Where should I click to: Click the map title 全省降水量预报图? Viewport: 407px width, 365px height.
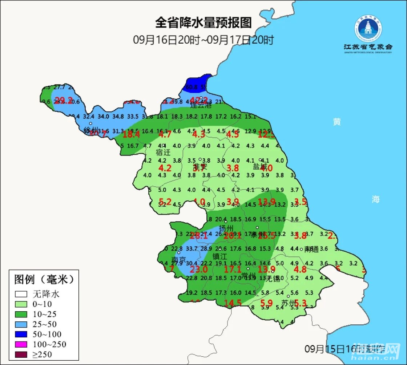[x=203, y=23]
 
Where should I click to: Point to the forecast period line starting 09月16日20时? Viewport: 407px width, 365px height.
[x=203, y=40]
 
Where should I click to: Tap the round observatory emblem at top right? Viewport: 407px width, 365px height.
[x=368, y=28]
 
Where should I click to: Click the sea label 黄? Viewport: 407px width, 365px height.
[x=337, y=122]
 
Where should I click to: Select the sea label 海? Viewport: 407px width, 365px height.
[x=375, y=199]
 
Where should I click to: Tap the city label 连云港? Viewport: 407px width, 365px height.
[x=201, y=105]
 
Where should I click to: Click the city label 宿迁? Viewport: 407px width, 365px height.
[x=163, y=152]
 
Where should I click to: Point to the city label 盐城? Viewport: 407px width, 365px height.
[x=260, y=167]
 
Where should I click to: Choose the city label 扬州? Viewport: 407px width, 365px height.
[x=226, y=228]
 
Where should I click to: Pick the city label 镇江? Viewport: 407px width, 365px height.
[x=219, y=256]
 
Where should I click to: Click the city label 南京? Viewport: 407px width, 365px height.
[x=179, y=260]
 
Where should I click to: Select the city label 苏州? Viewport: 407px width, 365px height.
[x=289, y=303]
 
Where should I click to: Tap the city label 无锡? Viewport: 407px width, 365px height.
[x=273, y=279]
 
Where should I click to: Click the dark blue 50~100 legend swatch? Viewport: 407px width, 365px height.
[x=21, y=334]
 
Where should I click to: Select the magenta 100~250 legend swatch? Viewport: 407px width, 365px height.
[x=21, y=344]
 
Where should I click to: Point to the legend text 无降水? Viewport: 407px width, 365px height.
[x=46, y=294]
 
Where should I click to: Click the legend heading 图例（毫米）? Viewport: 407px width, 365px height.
[x=44, y=279]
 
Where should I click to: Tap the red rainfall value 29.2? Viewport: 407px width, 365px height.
[x=64, y=101]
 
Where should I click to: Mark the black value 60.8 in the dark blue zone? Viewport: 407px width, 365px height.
[x=192, y=87]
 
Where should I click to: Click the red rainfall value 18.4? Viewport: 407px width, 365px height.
[x=132, y=134]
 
